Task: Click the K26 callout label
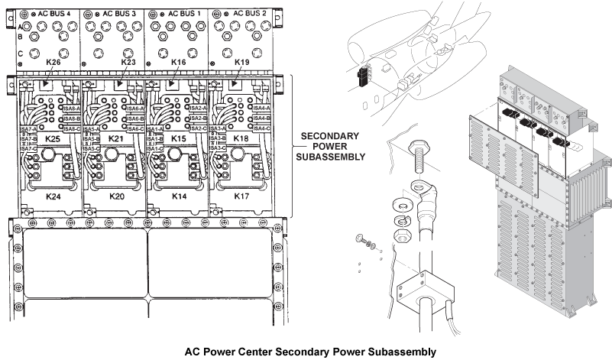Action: pyautogui.click(x=53, y=62)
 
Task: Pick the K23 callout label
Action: pyautogui.click(x=128, y=62)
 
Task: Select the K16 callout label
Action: pyautogui.click(x=179, y=62)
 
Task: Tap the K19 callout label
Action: pyautogui.click(x=242, y=62)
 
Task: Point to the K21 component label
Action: pyautogui.click(x=115, y=139)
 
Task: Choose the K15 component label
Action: pyautogui.click(x=178, y=139)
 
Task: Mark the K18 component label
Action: pyautogui.click(x=240, y=139)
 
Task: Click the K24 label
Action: pyautogui.click(x=53, y=196)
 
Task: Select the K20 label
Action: pyautogui.click(x=116, y=196)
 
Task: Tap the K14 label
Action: pyautogui.click(x=180, y=196)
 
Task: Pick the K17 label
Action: pyautogui.click(x=241, y=196)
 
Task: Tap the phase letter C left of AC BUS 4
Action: pyautogui.click(x=19, y=54)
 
